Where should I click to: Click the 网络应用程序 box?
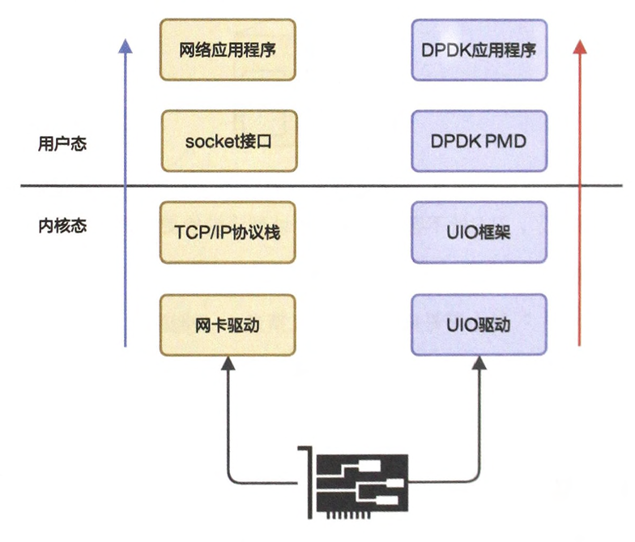tap(228, 50)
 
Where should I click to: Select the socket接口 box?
tap(228, 141)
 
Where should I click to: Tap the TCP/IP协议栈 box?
tap(228, 233)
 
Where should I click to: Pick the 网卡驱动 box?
tap(228, 325)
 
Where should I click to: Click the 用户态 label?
tap(62, 144)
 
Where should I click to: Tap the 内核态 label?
tap(62, 226)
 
